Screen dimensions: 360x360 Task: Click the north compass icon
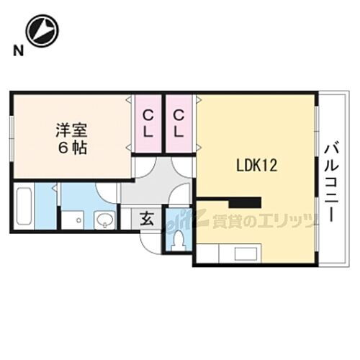coord(42,30)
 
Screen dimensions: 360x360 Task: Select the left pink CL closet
coord(147,123)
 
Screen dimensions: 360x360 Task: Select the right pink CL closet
coord(179,123)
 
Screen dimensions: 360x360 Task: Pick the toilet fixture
coord(176,239)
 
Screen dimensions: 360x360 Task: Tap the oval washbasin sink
coord(104,220)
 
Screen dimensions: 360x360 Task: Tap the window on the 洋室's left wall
coord(12,135)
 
